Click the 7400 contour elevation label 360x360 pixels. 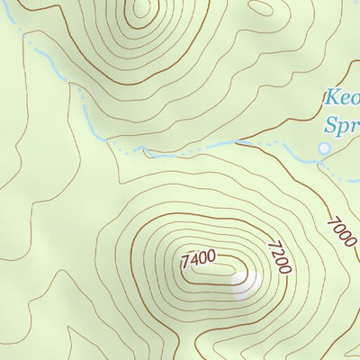pyautogui.click(x=199, y=259)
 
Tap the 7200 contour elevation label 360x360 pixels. pyautogui.click(x=278, y=256)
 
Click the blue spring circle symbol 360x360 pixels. pyautogui.click(x=324, y=148)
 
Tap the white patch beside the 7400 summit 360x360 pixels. pyautogui.click(x=247, y=284)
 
